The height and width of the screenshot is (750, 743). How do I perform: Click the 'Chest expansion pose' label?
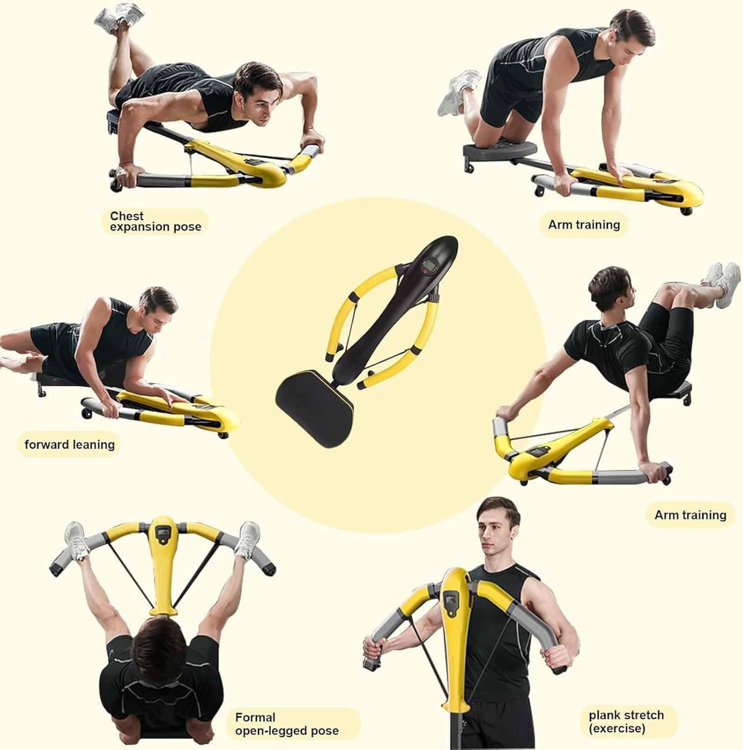click(155, 221)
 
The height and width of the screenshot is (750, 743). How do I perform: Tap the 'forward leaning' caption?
click(69, 444)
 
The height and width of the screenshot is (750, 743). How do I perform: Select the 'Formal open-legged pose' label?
click(286, 724)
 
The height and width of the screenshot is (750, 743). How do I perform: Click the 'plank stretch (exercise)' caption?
click(626, 721)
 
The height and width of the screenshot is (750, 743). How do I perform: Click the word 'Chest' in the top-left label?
click(126, 216)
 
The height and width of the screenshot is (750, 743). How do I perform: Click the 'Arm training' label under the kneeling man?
click(583, 224)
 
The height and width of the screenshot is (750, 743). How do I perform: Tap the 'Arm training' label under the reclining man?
click(690, 515)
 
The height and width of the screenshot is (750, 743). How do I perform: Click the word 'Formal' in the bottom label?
click(255, 717)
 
